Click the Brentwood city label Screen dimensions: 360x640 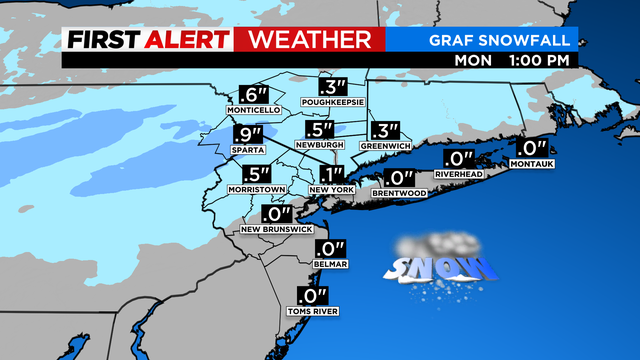401,192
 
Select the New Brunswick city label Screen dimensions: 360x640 277,230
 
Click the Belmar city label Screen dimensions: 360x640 330,264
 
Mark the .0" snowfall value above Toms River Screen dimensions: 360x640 313,295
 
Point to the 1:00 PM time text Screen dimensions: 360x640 541,59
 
